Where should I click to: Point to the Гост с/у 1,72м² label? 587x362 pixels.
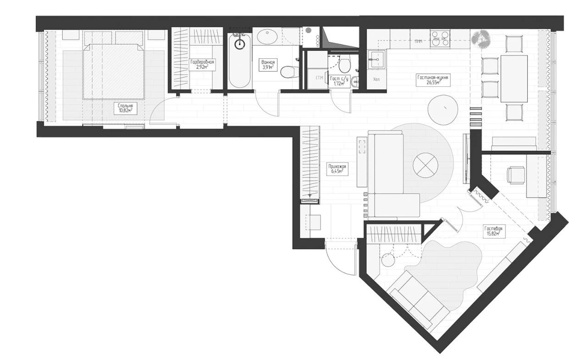(x=339, y=81)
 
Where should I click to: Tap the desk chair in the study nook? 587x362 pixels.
(x=516, y=175)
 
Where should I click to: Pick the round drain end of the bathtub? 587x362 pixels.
(x=240, y=44)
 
